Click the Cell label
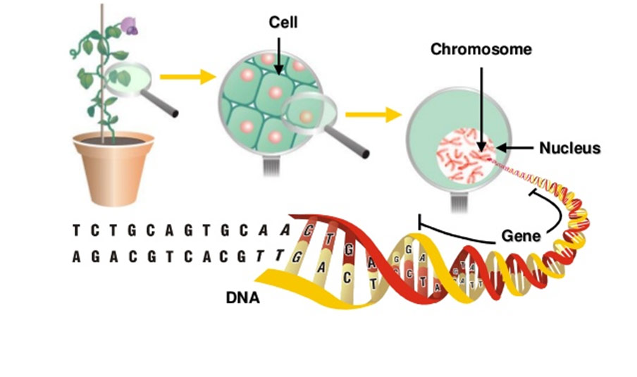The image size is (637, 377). click(283, 23)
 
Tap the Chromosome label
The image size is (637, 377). click(481, 49)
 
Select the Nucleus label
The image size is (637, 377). click(569, 148)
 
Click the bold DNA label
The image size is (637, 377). click(242, 298)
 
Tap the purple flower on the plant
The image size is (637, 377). click(130, 26)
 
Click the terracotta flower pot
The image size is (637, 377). click(113, 166)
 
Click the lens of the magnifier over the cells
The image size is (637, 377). click(307, 112)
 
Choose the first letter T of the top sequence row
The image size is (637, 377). click(76, 230)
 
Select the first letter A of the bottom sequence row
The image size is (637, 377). click(76, 258)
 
